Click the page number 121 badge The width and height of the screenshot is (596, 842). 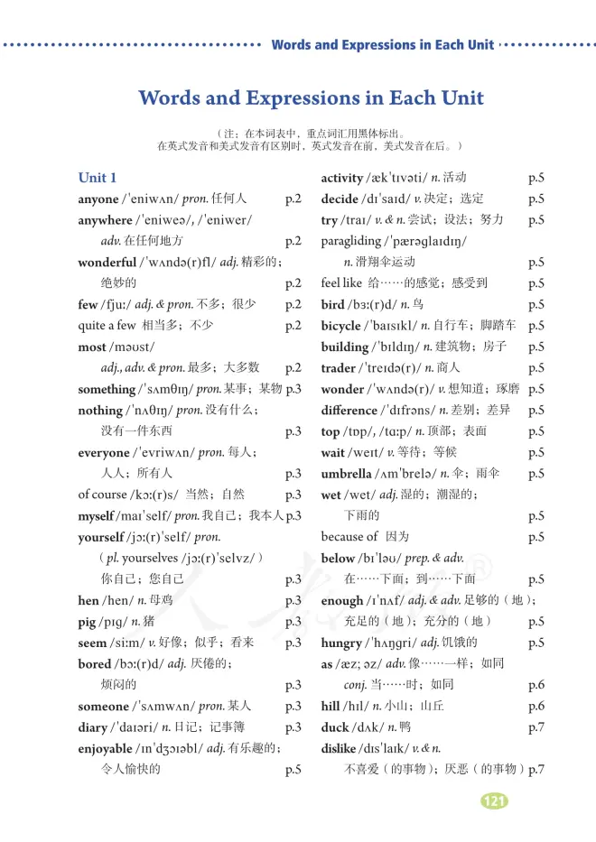point(494,801)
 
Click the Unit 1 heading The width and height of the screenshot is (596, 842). point(98,178)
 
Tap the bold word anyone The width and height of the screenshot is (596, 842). point(98,199)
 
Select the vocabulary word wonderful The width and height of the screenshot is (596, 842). point(107,263)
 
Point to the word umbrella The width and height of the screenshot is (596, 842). point(346,474)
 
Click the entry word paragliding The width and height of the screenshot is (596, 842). point(350,242)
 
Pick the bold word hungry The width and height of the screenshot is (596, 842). point(340,643)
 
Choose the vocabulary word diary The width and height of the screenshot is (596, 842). point(93,727)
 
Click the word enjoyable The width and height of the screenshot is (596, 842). point(106,748)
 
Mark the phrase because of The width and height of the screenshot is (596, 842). point(349,537)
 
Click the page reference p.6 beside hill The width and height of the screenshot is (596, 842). point(535,707)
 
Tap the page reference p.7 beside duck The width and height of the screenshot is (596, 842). point(535,727)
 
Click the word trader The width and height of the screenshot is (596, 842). point(338,368)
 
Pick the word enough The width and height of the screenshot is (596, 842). point(341,600)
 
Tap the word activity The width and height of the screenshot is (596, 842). point(341,178)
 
